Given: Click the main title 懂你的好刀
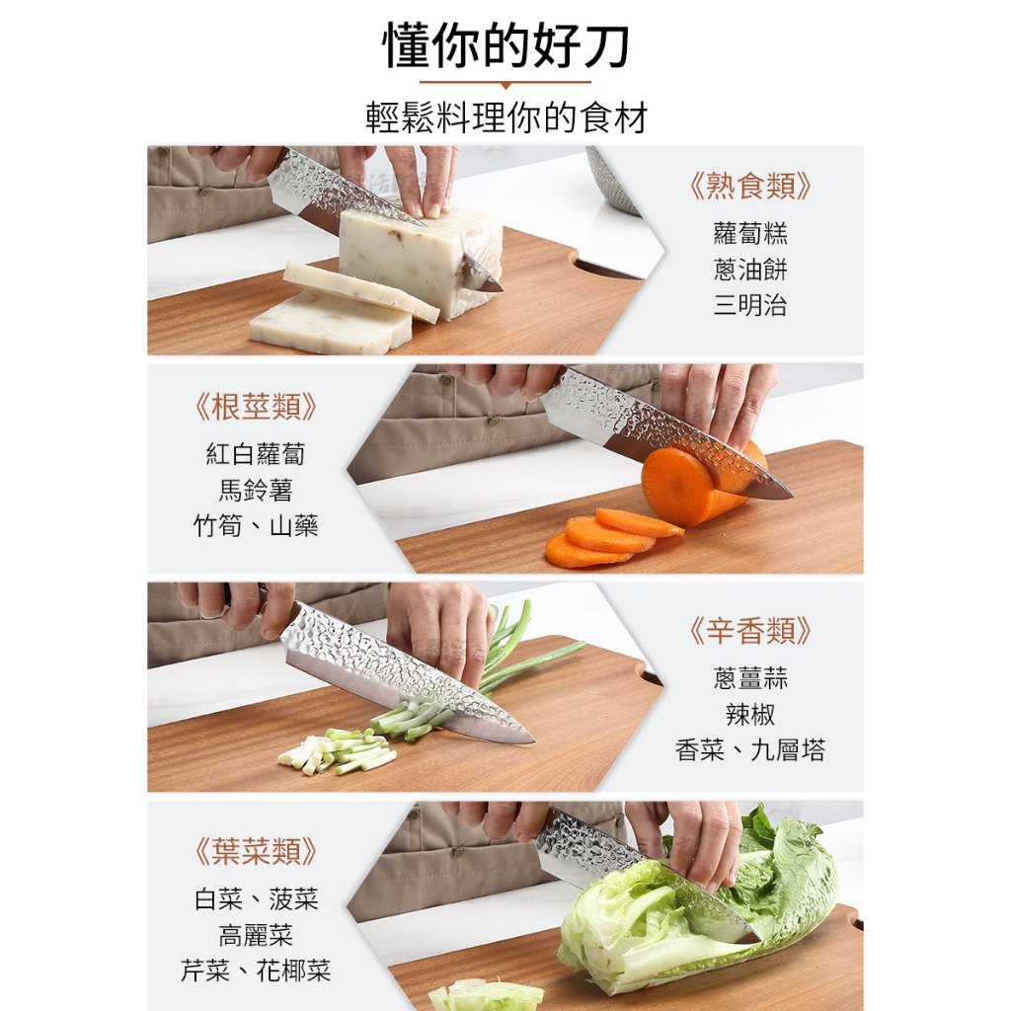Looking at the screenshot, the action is (505, 45).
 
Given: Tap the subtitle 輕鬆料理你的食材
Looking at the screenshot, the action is (506, 118).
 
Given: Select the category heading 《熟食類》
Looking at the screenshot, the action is (750, 186).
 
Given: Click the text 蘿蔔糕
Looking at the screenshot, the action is (750, 233).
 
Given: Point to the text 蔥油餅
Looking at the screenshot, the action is (750, 269).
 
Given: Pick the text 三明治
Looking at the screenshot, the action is (750, 304).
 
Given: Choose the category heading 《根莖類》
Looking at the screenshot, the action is (256, 407).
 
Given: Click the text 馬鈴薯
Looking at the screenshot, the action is (256, 490).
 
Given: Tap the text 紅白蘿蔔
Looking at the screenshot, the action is (256, 454).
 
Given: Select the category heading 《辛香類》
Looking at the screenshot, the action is (750, 631).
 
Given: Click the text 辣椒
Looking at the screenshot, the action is (750, 715).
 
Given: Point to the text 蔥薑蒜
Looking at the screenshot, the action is (750, 678).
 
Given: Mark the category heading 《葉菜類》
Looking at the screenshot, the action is (256, 852).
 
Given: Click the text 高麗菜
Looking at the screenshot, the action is (256, 935).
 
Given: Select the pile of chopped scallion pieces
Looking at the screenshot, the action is (337, 751).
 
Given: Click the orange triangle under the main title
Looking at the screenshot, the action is (505, 86).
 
